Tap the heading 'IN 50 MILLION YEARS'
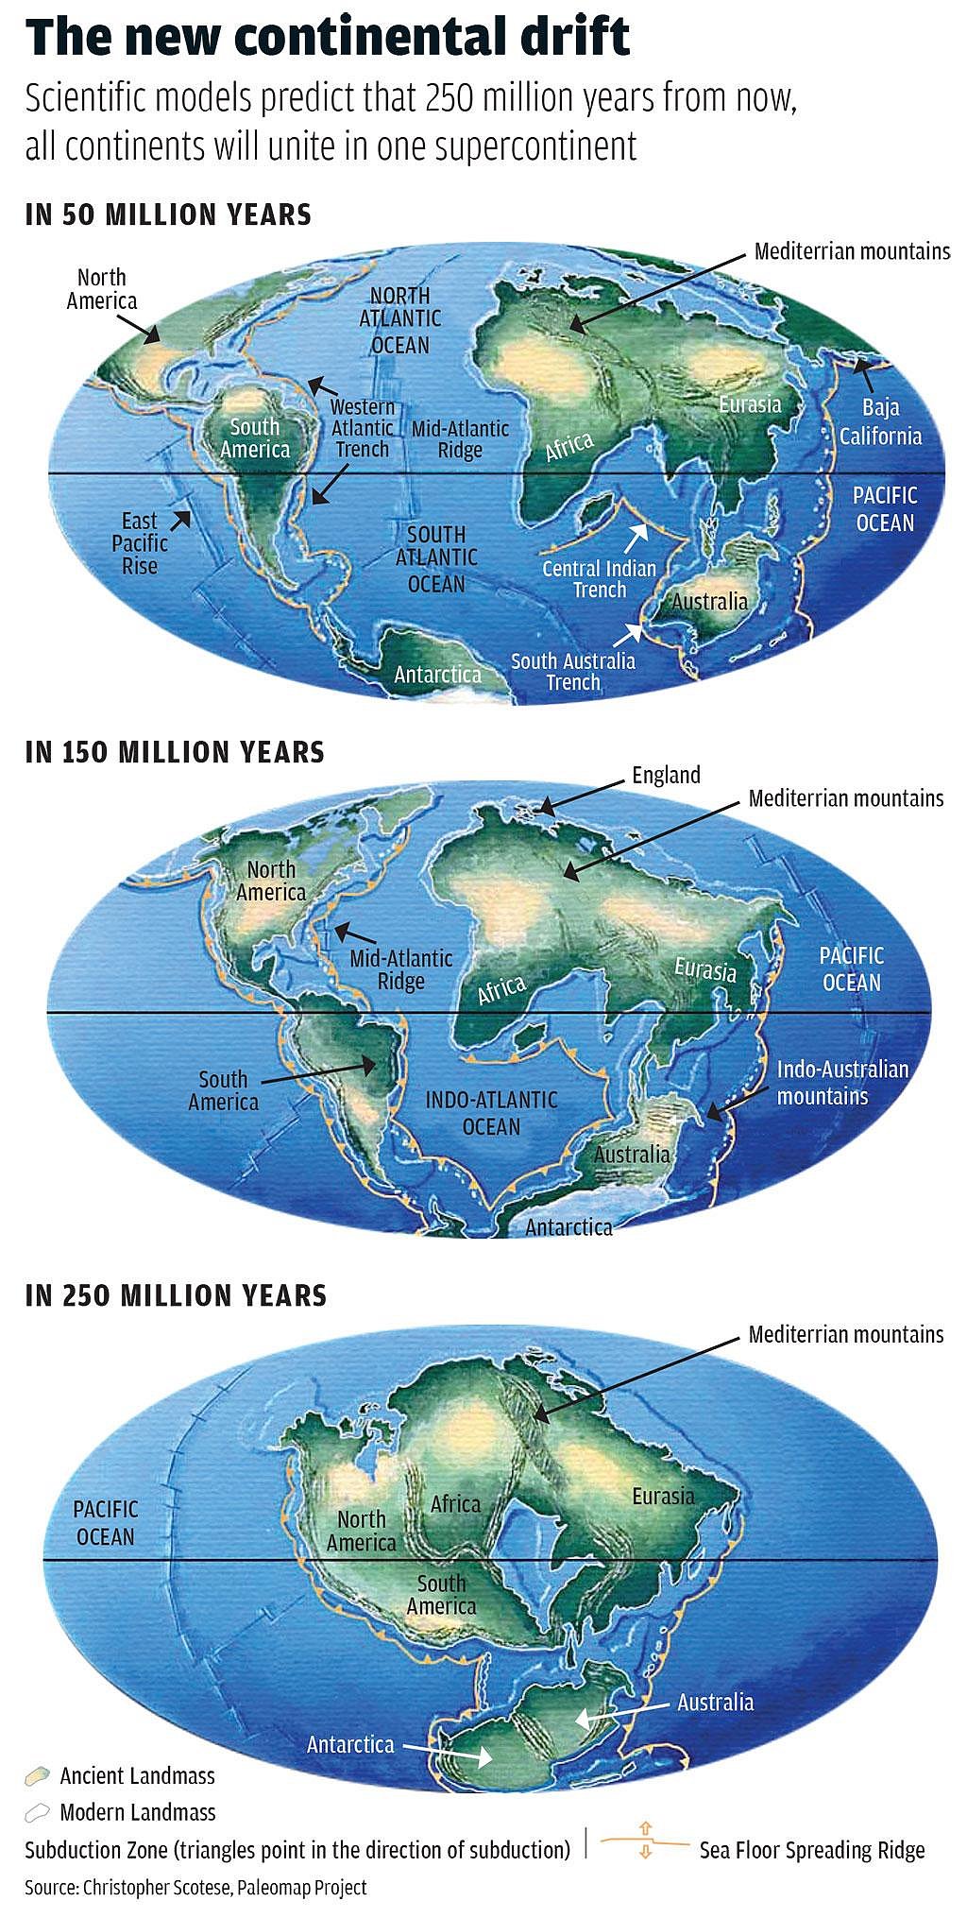168,214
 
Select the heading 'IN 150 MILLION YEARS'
175,752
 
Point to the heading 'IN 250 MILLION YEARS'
176,1294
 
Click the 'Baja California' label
880,421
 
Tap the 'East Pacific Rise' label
140,543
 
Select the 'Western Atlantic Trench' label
363,427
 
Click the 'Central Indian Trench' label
599,578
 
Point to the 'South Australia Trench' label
573,671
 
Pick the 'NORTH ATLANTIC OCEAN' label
400,320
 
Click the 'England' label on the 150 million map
666,776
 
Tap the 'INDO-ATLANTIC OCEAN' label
491,1113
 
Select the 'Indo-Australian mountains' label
842,1083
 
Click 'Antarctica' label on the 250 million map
350,1744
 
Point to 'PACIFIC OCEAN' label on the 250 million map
106,1522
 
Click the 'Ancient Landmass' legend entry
137,1775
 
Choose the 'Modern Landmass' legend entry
137,1812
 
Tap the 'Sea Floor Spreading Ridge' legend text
811,1850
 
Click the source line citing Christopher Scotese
195,1888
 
